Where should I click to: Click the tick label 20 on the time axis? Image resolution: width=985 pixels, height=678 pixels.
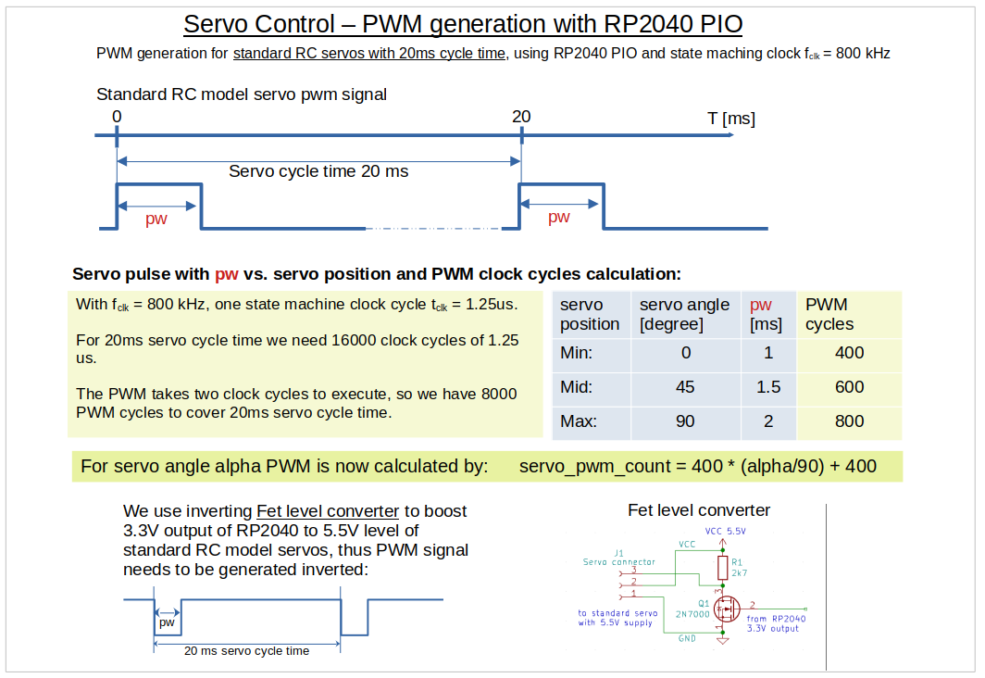click(x=521, y=117)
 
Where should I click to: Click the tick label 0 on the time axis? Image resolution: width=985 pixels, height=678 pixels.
click(x=117, y=117)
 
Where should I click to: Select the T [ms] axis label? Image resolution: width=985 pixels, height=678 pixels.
click(x=731, y=119)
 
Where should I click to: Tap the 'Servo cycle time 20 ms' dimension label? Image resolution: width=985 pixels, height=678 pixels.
click(x=318, y=171)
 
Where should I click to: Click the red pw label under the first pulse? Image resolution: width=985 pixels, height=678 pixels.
click(x=156, y=220)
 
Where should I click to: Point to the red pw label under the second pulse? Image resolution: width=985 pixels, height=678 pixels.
click(x=559, y=218)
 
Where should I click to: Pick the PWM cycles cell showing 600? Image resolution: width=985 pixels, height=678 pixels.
click(x=849, y=387)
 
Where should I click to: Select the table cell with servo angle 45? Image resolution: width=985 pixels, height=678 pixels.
click(x=685, y=387)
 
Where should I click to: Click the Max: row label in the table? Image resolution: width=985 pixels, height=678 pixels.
click(x=579, y=421)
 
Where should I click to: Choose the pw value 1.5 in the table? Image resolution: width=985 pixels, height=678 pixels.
click(x=768, y=387)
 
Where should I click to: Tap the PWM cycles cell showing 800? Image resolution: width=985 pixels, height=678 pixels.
click(x=849, y=421)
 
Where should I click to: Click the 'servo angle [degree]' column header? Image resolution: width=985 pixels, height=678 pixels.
click(x=685, y=314)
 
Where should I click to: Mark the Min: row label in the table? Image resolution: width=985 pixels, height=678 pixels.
click(x=578, y=353)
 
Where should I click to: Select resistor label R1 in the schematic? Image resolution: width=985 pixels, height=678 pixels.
click(x=737, y=561)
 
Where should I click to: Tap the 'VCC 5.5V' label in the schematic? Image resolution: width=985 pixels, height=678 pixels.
click(x=725, y=532)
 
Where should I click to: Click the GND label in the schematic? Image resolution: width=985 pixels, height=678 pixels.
click(x=686, y=638)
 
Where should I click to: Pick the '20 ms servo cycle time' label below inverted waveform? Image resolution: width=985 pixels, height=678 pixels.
click(x=246, y=651)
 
